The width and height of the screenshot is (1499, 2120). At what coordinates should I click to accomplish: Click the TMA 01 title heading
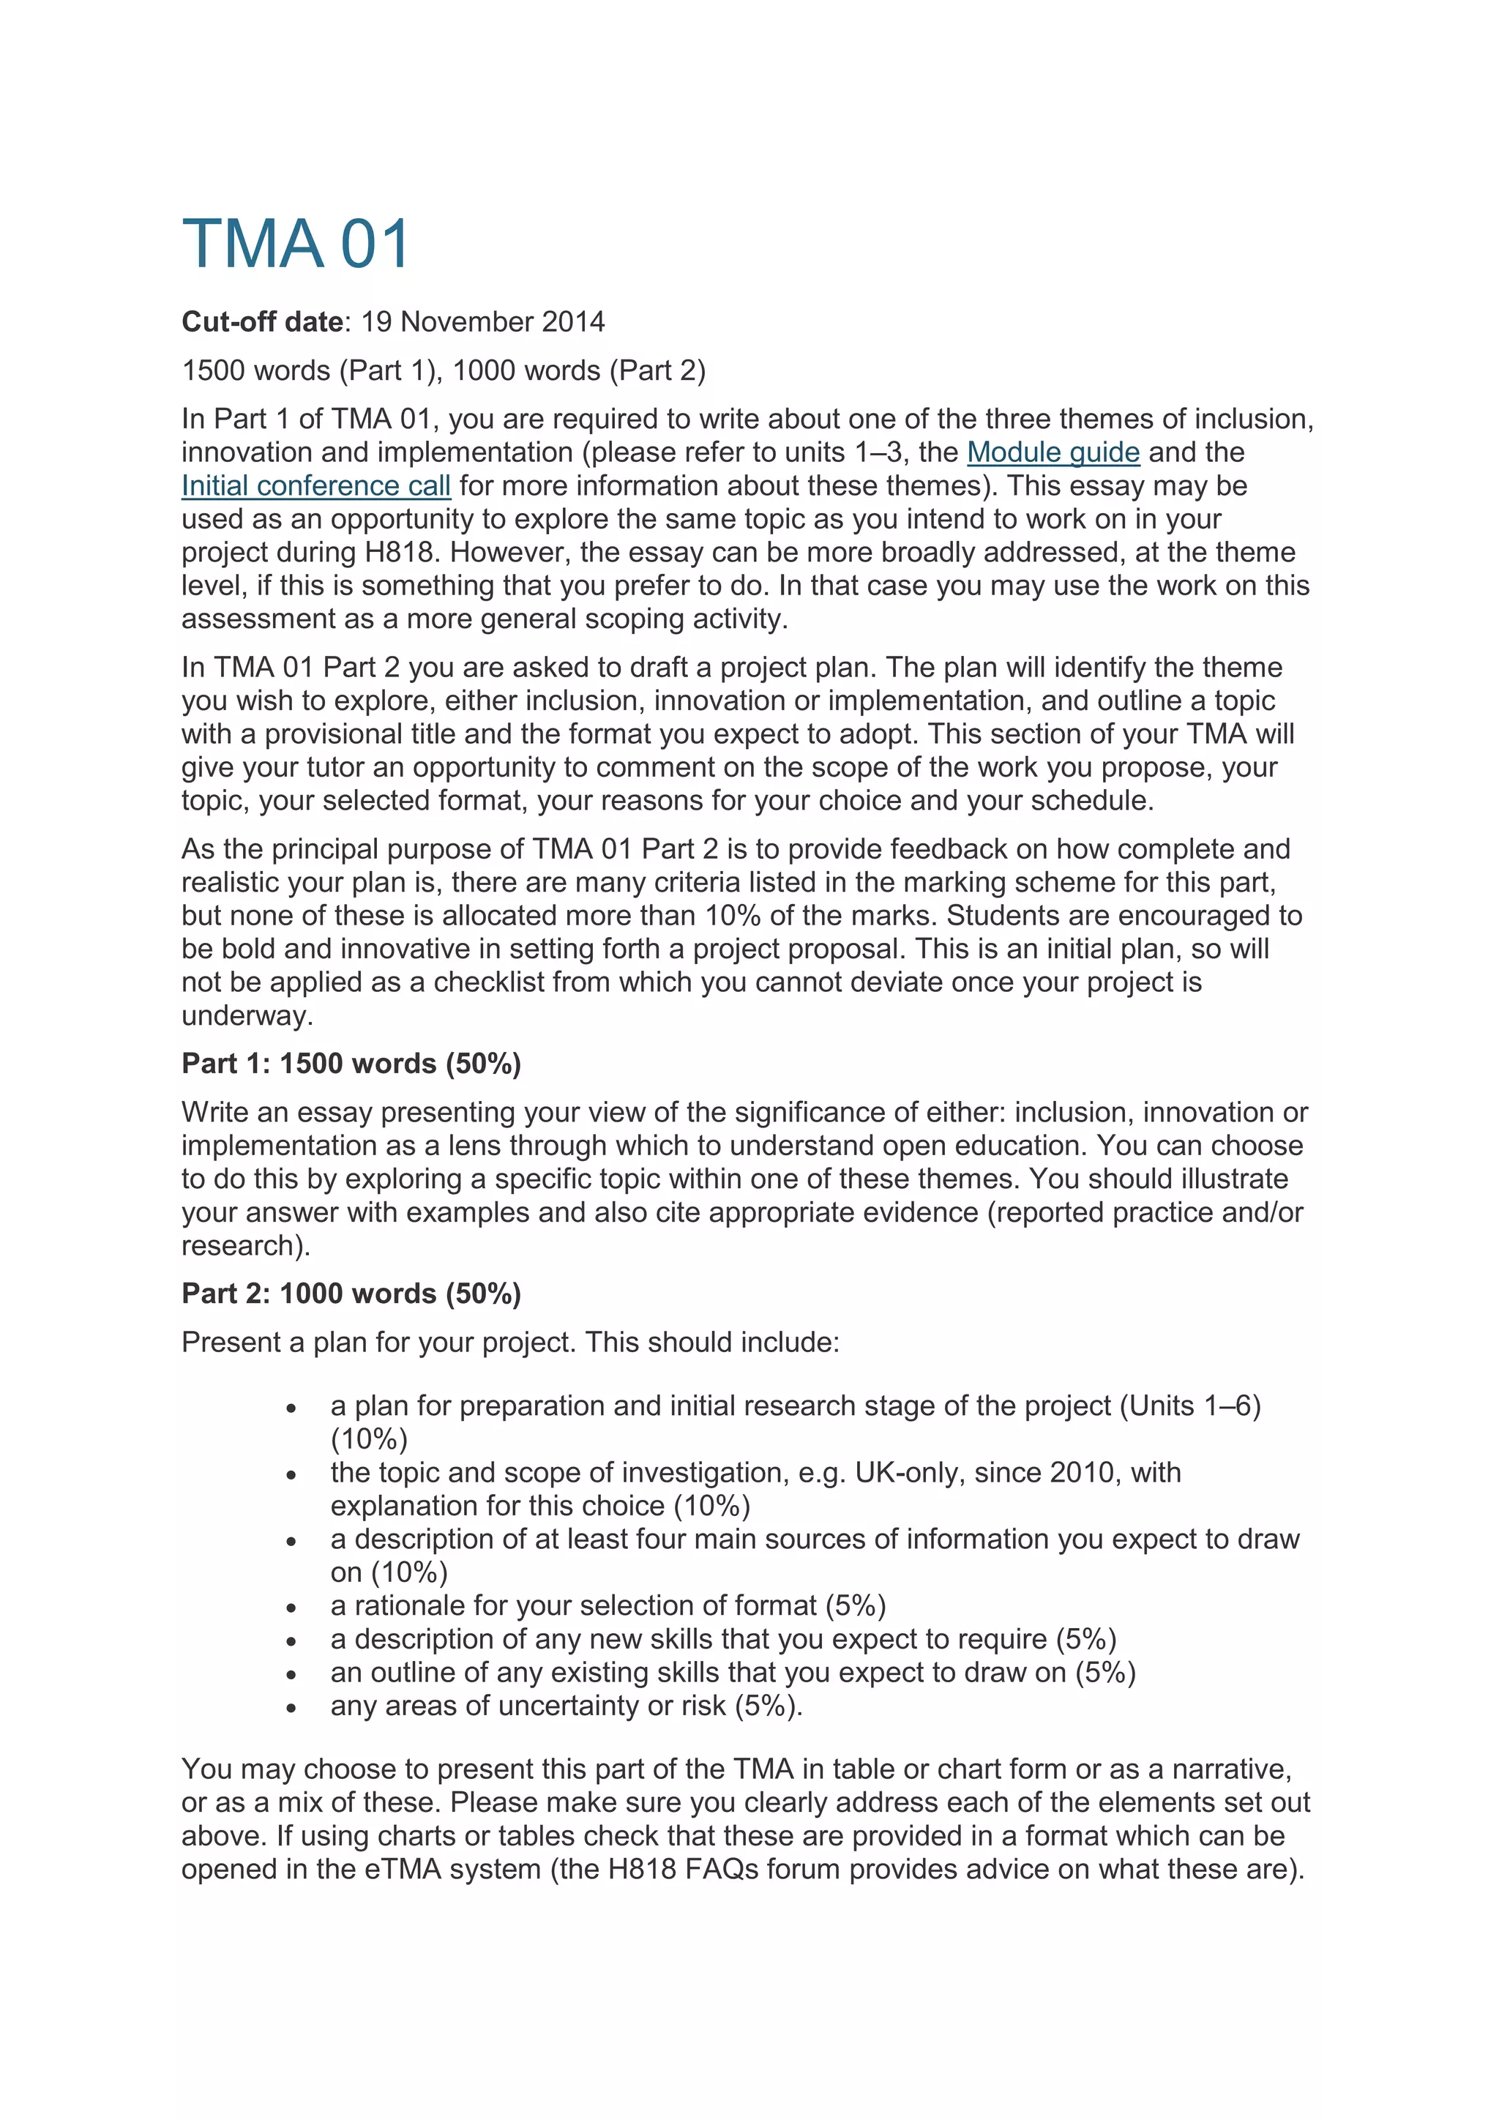coord(296,245)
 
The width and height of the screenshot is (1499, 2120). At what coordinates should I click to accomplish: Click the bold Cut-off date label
coord(262,321)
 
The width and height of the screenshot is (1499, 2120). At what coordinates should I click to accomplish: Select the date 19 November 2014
coord(483,321)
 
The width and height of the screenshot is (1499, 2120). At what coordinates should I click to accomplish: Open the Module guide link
coord(1053,452)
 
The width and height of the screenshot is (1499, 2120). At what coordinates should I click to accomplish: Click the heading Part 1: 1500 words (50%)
coord(351,1064)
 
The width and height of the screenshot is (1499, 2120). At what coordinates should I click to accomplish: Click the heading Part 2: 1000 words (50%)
coord(351,1294)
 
